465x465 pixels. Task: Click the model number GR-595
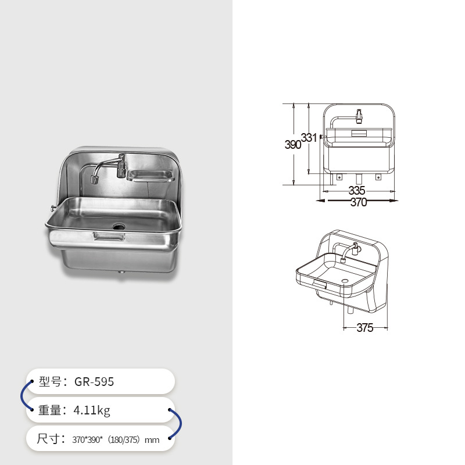tap(94, 382)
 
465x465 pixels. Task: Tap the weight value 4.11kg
tap(91, 410)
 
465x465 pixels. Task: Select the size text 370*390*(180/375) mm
tap(116, 440)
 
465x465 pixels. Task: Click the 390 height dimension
tap(293, 145)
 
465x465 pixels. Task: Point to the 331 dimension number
tap(309, 138)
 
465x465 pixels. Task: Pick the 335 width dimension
tap(357, 191)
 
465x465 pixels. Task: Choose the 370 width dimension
tap(359, 202)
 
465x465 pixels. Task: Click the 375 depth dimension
tap(364, 328)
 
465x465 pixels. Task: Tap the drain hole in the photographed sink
tap(119, 226)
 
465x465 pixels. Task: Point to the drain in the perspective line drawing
tap(345, 281)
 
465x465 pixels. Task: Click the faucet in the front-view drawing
tap(358, 116)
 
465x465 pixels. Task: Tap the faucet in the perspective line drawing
tap(348, 253)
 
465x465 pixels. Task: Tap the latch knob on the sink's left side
tap(52, 209)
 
